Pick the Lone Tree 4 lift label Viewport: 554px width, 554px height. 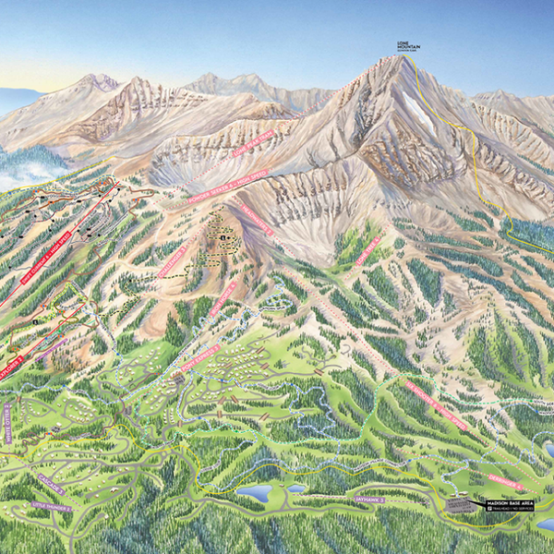pyautogui.click(x=367, y=250)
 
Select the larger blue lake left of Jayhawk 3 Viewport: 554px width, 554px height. pyautogui.click(x=253, y=494)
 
